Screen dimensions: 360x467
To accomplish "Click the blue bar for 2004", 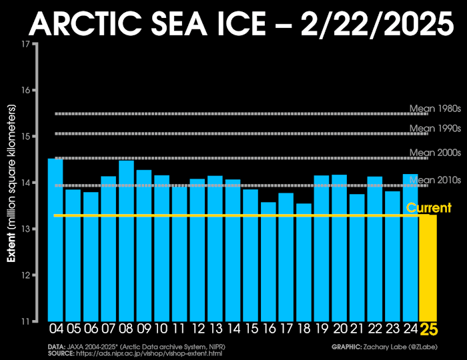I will [55, 240].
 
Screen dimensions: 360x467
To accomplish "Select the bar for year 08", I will [126, 241].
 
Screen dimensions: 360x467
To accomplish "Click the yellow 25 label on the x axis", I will [428, 329].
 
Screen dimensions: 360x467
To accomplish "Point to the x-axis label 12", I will [197, 329].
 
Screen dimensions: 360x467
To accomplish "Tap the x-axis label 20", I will [339, 329].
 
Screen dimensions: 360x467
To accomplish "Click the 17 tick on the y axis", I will [25, 44].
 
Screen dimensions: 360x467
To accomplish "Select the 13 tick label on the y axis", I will [25, 229].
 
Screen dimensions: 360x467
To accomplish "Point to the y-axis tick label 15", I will [25, 137].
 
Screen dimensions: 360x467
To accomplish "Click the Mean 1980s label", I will [434, 109].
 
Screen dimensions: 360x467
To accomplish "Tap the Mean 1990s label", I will [434, 128].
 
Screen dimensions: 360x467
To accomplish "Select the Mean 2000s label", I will [434, 153].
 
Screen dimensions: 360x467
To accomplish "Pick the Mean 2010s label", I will [434, 179].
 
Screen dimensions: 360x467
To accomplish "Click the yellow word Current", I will [429, 208].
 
